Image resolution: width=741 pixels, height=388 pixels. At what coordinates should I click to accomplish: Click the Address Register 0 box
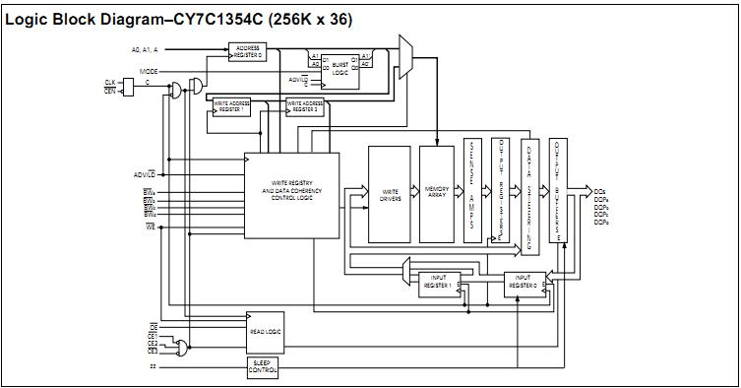click(x=248, y=51)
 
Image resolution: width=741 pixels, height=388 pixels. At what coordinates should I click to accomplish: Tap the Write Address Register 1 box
click(x=232, y=107)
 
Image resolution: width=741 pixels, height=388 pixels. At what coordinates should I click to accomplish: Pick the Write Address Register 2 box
click(x=304, y=106)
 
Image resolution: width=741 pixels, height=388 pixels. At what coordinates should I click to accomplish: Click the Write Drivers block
click(x=390, y=194)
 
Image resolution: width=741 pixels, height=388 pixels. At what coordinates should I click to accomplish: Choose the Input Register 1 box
click(x=438, y=284)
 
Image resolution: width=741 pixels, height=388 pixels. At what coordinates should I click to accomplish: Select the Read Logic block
click(x=265, y=332)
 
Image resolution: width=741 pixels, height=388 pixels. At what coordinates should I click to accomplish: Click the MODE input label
click(x=149, y=72)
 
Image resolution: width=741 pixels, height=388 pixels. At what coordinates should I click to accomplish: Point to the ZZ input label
click(x=153, y=367)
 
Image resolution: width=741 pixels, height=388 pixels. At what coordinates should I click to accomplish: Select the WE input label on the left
click(x=151, y=226)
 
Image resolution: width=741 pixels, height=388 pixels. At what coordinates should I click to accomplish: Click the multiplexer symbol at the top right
click(x=404, y=56)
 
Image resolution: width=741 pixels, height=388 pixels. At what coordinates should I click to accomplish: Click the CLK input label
click(x=110, y=82)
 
